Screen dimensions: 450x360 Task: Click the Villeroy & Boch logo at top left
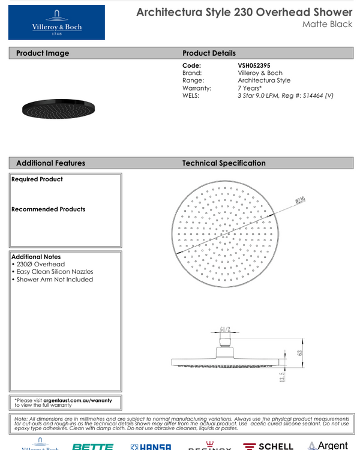point(56,22)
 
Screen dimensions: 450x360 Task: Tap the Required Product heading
point(37,179)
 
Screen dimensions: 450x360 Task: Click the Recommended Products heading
point(49,209)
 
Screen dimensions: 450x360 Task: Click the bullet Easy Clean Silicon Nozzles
point(56,272)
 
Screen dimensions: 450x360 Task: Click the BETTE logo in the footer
point(92,446)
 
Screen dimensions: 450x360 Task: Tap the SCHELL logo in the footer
point(268,446)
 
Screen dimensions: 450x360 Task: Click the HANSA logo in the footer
point(151,446)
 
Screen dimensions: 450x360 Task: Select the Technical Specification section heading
point(224,163)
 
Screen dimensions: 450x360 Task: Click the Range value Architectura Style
point(264,80)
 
